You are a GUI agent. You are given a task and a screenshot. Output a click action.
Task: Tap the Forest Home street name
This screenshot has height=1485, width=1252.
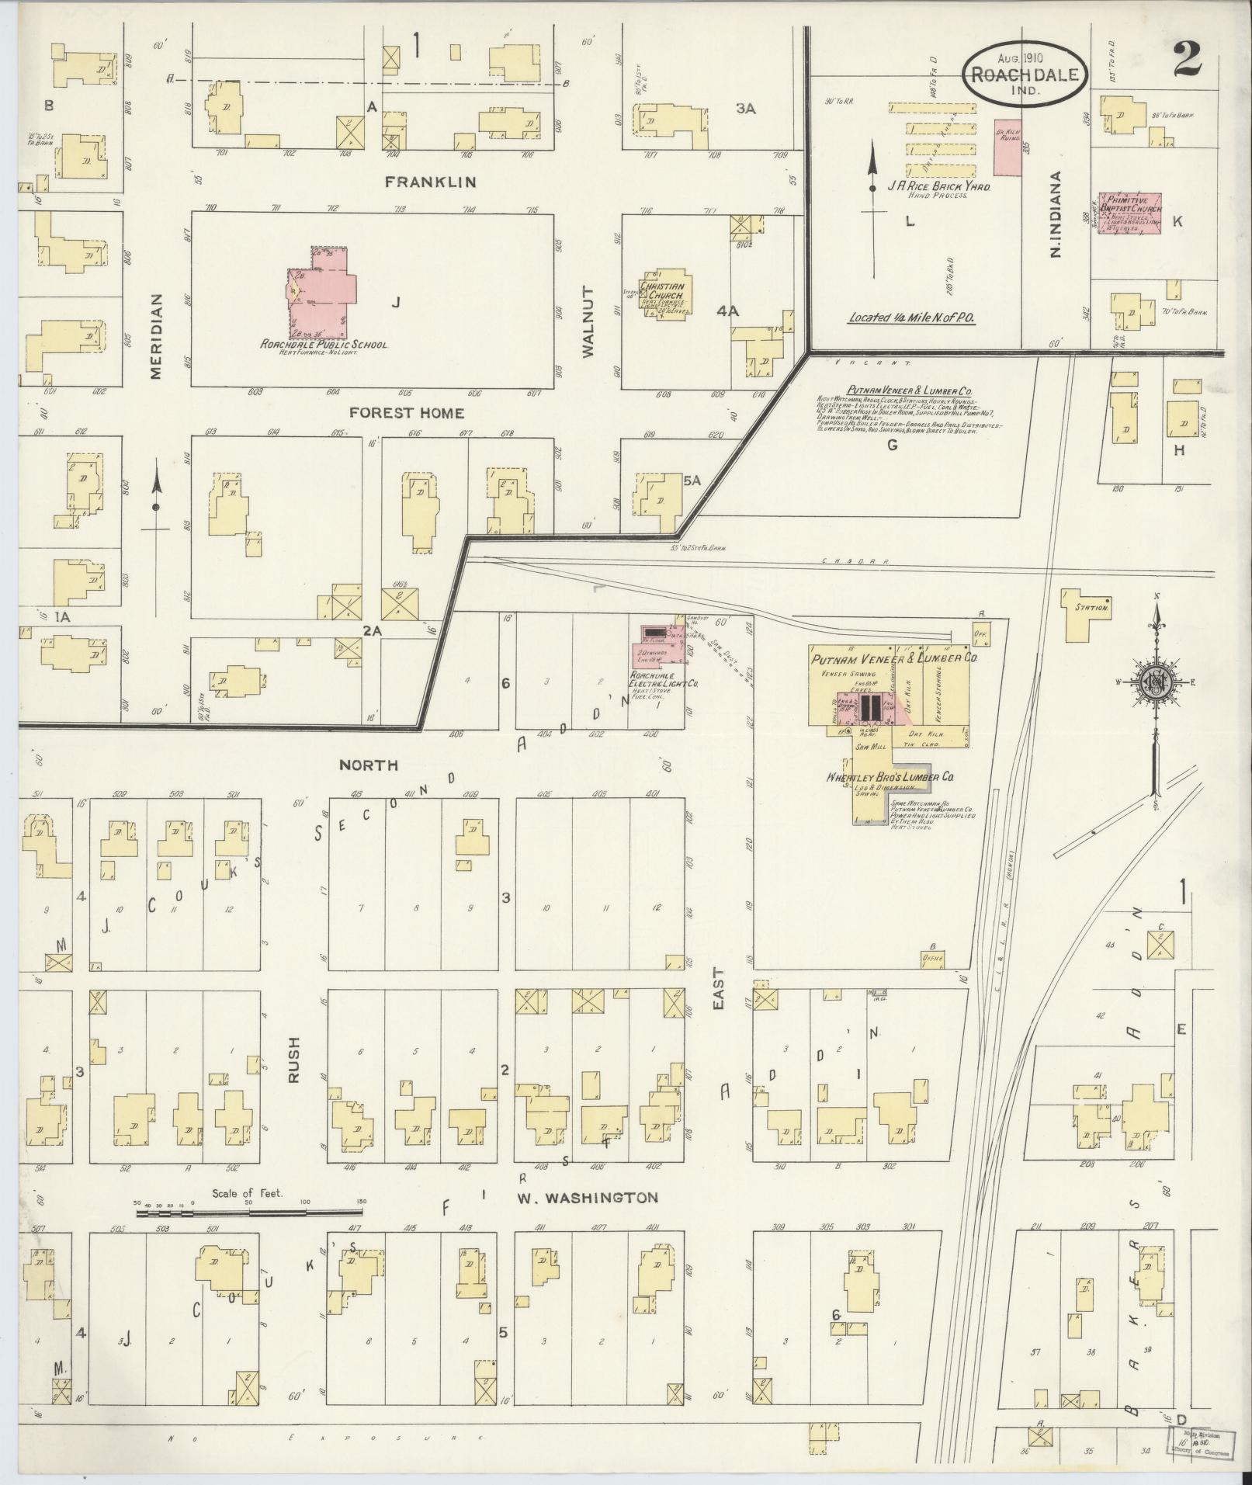coord(406,412)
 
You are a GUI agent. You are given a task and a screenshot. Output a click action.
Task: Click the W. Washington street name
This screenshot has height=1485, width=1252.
coord(588,1220)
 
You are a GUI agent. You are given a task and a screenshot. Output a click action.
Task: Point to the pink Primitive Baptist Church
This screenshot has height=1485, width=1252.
coord(1129,214)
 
